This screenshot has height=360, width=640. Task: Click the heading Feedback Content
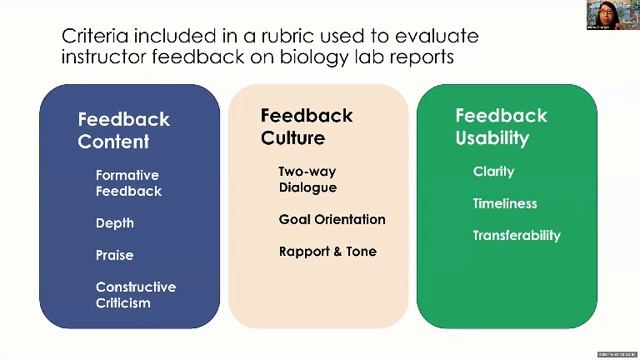123,130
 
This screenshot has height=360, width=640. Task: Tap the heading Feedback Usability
501,126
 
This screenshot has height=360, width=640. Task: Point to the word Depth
114,223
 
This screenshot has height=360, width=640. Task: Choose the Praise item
114,255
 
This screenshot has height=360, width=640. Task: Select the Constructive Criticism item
135,294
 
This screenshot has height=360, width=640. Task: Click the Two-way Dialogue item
308,179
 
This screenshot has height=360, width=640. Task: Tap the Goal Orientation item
331,219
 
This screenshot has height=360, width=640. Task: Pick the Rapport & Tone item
327,251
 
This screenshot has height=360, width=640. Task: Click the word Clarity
493,172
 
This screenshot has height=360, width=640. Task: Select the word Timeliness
505,204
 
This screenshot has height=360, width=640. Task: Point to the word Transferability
516,236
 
